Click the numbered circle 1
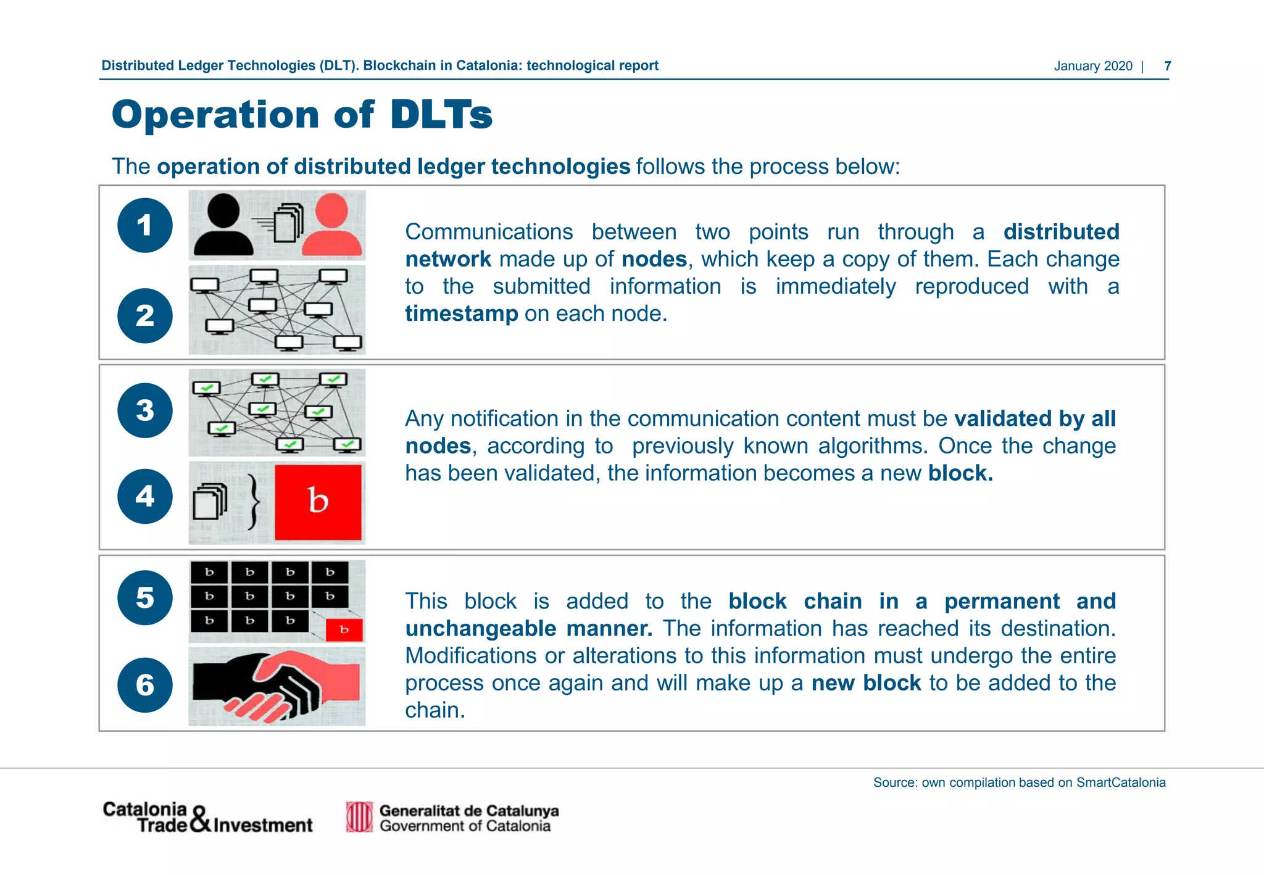[x=145, y=225]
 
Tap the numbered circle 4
[x=145, y=496]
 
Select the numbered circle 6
[x=145, y=685]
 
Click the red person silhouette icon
[x=332, y=226]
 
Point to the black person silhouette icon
[x=223, y=226]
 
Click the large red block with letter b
[x=318, y=502]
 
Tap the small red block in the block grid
[x=344, y=630]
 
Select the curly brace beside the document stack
[x=253, y=502]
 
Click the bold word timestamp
[x=461, y=314]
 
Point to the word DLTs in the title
[x=441, y=115]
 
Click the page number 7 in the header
[x=1167, y=66]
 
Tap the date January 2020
[x=1092, y=66]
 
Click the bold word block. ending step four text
[x=960, y=473]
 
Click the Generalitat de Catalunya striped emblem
[x=359, y=817]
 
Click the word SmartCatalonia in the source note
[x=1121, y=782]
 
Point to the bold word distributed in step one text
[x=1060, y=232]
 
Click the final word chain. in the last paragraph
[x=434, y=710]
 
